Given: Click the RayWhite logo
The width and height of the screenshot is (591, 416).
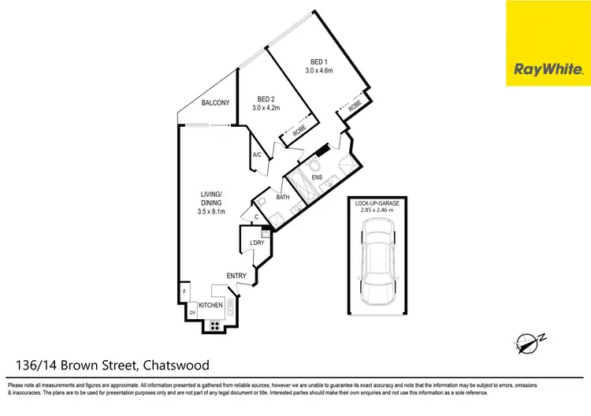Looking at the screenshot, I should [548, 69].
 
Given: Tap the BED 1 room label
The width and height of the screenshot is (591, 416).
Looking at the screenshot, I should [319, 62].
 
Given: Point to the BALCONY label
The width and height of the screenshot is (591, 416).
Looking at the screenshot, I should [215, 103].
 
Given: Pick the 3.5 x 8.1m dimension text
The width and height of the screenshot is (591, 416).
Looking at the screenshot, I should [211, 211].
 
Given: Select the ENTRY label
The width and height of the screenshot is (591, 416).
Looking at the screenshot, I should [236, 276].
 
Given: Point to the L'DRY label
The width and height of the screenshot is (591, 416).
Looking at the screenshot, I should [256, 242].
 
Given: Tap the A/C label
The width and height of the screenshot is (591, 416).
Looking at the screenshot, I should [257, 154].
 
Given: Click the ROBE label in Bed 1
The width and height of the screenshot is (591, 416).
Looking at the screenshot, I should [355, 105].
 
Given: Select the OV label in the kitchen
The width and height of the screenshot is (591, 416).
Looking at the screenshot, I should [191, 313].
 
